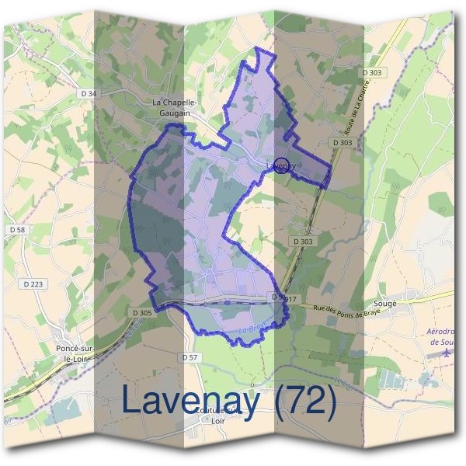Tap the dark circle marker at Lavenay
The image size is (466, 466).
(x=283, y=165)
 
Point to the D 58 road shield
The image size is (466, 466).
(x=17, y=230)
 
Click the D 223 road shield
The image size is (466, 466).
(x=33, y=284)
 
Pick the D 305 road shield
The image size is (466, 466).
(x=141, y=312)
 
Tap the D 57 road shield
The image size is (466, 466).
(x=189, y=357)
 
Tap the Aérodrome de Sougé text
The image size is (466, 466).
(x=444, y=336)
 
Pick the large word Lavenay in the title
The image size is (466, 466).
(x=190, y=401)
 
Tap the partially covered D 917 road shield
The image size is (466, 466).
(x=285, y=298)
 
